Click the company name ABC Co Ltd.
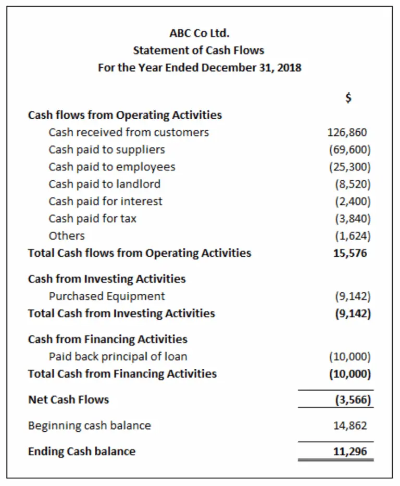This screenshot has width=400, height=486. (199, 33)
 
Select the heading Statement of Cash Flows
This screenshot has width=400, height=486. (198, 51)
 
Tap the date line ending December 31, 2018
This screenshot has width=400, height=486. (199, 68)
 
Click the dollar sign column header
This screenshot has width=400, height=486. (349, 97)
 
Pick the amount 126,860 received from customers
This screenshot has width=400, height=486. (347, 132)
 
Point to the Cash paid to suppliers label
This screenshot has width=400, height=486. (107, 149)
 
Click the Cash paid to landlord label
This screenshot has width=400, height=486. (105, 184)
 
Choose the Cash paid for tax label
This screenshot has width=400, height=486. (93, 219)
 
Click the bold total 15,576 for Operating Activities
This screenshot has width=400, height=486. (350, 253)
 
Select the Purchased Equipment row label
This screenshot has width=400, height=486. (107, 296)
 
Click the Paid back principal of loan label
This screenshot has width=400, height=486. (118, 357)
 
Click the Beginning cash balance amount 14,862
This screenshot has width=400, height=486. (350, 426)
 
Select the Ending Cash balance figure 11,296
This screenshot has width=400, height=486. (350, 452)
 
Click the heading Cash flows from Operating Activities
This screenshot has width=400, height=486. (125, 115)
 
